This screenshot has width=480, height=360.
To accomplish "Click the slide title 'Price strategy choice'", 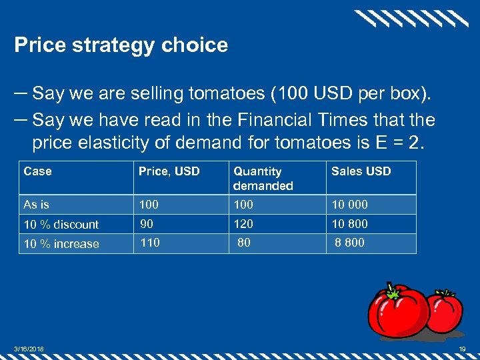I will pyautogui.click(x=121, y=45).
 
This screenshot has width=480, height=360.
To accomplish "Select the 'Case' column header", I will pyautogui.click(x=37, y=171).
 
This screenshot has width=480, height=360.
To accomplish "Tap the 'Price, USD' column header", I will pyautogui.click(x=169, y=171).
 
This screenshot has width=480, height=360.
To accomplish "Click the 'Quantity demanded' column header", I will pyautogui.click(x=263, y=178).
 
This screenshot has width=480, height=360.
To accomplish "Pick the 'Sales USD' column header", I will pyautogui.click(x=361, y=171).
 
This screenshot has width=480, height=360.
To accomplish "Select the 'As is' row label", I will pyautogui.click(x=36, y=205).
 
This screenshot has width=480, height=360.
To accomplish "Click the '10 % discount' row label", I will pyautogui.click(x=61, y=224).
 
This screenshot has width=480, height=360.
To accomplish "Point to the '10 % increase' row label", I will pyautogui.click(x=61, y=244).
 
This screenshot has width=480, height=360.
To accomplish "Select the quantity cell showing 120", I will pyautogui.click(x=243, y=223).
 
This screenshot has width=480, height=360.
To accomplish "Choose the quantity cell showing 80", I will pyautogui.click(x=244, y=243).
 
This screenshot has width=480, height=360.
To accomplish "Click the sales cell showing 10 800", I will pyautogui.click(x=349, y=223).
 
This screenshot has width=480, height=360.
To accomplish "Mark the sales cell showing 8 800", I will pyautogui.click(x=349, y=243).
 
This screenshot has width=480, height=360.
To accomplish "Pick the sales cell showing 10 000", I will pyautogui.click(x=349, y=205).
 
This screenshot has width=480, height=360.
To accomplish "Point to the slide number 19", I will pyautogui.click(x=462, y=350).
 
